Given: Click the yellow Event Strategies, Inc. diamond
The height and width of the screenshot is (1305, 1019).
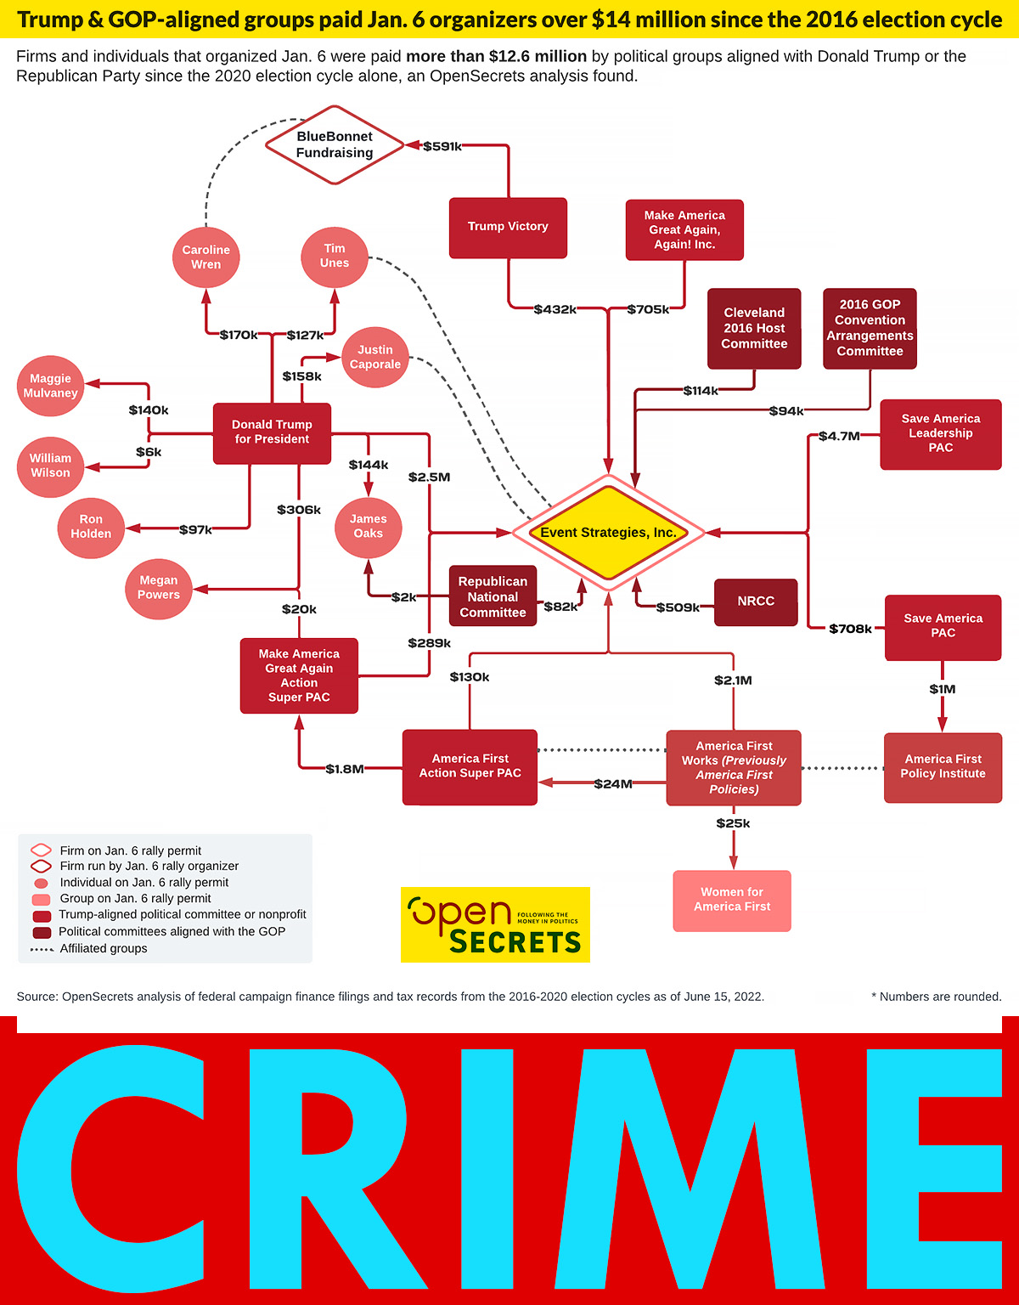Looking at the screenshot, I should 608,533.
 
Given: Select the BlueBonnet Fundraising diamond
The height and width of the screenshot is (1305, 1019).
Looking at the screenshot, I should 335,144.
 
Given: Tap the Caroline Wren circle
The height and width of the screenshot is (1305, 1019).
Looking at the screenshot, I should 206,257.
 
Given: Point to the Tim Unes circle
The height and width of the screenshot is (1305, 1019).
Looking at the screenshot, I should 335,256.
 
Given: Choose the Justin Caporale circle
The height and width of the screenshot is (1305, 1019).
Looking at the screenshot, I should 375,357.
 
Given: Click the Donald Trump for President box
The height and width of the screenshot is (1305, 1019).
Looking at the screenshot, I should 272,432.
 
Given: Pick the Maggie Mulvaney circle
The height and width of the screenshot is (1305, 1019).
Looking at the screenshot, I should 51,386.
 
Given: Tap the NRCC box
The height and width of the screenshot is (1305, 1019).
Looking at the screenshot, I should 756,602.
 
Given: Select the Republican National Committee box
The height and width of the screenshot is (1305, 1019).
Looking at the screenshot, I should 493,596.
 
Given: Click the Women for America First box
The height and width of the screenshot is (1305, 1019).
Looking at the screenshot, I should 732,900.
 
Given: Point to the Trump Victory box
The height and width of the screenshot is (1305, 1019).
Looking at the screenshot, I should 508,227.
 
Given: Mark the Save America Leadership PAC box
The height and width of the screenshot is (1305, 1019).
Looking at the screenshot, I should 941,433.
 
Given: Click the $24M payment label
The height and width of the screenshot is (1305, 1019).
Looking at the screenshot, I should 613,784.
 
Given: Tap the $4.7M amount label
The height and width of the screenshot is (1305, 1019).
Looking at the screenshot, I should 839,437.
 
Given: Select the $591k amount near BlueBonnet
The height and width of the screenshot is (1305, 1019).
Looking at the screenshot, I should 442,146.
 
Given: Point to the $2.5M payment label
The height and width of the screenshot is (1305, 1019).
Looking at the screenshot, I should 430,477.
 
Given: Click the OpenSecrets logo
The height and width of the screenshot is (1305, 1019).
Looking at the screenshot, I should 495,924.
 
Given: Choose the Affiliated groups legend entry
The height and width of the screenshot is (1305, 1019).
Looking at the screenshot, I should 103,949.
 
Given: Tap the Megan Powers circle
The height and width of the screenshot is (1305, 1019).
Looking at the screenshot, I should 159,588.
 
